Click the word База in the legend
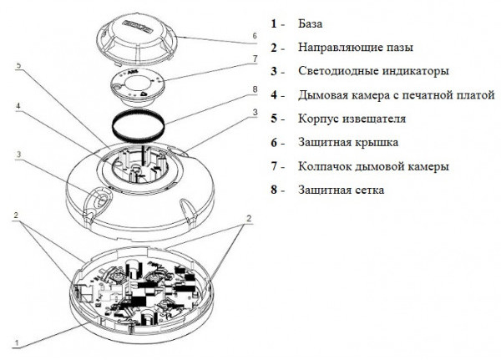[x=311, y=23]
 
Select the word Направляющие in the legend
[x=334, y=48]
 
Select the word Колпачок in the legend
[x=323, y=166]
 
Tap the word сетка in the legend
[x=367, y=190]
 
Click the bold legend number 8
[x=273, y=190]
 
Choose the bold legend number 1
[x=273, y=23]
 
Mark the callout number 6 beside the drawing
[x=254, y=37]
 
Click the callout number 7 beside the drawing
[x=254, y=59]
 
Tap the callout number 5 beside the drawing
[x=18, y=64]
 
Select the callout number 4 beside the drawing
[x=18, y=107]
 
